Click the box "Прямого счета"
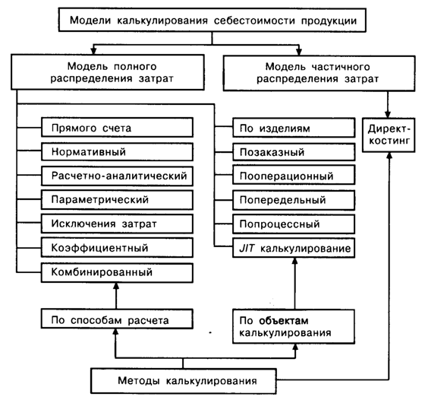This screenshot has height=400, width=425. [x=117, y=127]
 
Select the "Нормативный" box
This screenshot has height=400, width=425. [x=117, y=151]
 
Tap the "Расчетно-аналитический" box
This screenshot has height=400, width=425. [x=117, y=176]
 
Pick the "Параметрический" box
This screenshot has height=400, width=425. [x=117, y=199]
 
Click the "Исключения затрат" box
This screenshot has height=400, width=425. [x=117, y=224]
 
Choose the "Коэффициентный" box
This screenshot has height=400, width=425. [x=117, y=248]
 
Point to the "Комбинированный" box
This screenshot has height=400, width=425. [x=117, y=272]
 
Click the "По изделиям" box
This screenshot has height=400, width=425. [x=294, y=128]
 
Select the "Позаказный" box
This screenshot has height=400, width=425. [x=294, y=152]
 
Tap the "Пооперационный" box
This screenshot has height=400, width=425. [x=294, y=176]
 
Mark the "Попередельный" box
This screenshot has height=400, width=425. [x=294, y=200]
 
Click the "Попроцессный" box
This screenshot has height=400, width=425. [x=294, y=224]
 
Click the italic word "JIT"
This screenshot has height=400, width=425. [x=247, y=248]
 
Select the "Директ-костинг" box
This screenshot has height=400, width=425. [x=389, y=135]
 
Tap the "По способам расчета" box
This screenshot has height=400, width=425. [x=117, y=319]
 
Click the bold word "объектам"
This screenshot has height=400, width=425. [x=284, y=321]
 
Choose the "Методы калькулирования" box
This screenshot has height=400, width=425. [x=184, y=381]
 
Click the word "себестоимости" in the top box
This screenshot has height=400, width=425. [x=254, y=21]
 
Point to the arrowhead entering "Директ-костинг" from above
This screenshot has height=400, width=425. [x=388, y=114]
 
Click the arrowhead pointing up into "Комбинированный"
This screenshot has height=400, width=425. [x=116, y=286]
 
